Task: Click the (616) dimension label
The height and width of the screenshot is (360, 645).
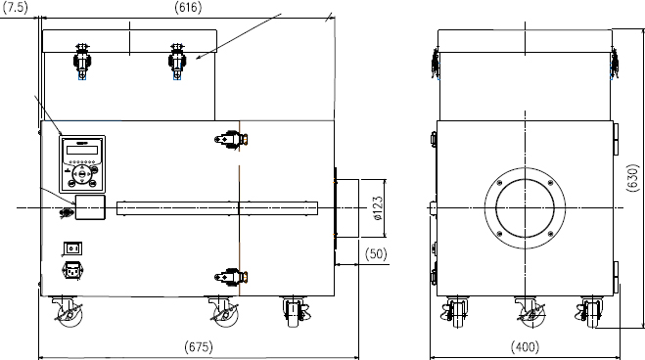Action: tap(188, 8)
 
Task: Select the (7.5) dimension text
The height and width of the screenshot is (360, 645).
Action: tap(16, 8)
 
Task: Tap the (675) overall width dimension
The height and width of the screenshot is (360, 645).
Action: tap(199, 346)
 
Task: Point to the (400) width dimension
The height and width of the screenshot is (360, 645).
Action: tap(525, 346)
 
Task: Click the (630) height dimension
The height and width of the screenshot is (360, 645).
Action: tap(632, 178)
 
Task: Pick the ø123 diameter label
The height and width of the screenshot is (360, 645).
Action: tap(378, 208)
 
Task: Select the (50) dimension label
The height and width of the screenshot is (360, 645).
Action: tap(376, 253)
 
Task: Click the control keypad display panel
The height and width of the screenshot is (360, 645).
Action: tap(82, 164)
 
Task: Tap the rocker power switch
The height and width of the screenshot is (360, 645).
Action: tap(72, 248)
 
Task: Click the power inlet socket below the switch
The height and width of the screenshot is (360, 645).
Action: tap(72, 271)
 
